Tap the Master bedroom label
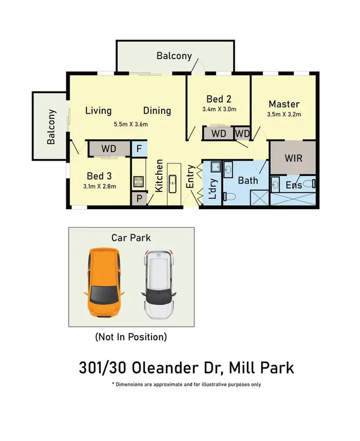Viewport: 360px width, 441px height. pos(284,104)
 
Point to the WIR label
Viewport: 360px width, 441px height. pos(293,158)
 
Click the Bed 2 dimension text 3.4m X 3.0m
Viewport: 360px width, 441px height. pos(219,109)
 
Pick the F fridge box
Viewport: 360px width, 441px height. pos(139,149)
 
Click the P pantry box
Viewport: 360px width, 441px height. pos(138,199)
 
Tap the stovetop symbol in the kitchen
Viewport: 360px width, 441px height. pos(139,181)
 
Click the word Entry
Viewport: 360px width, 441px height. pos(190,177)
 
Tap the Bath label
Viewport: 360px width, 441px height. pos(248,180)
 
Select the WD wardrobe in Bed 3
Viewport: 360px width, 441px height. pos(109,149)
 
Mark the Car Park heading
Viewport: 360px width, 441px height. pos(131,238)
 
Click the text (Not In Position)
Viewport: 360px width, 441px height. pos(131,337)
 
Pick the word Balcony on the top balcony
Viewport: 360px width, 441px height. pos(174,56)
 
